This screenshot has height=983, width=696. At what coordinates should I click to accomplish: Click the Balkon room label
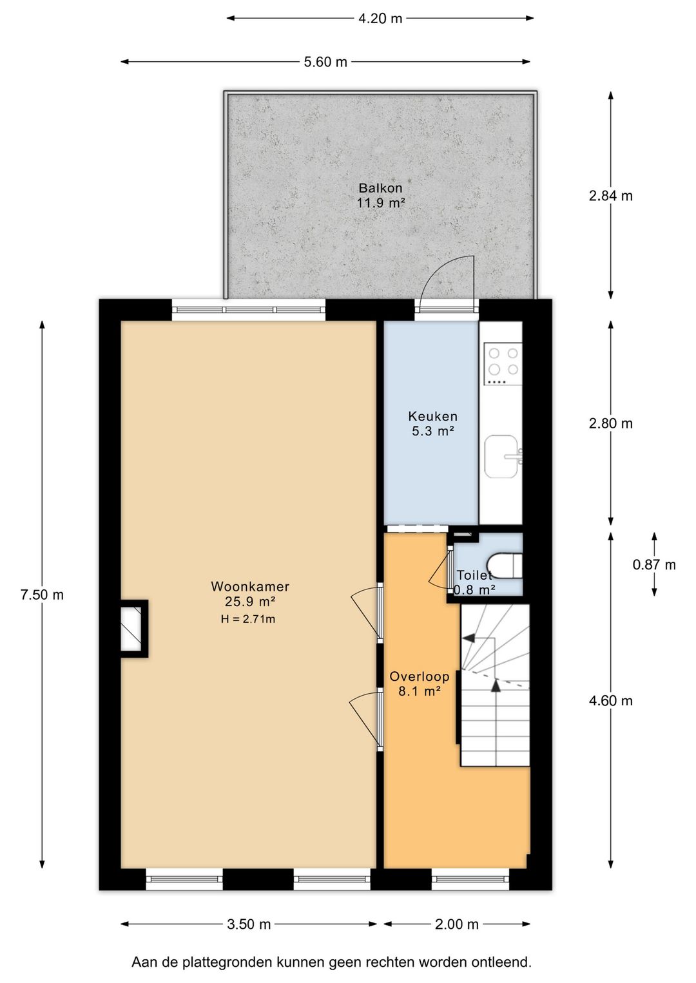(380, 188)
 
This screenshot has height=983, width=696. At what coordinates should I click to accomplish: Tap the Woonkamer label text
(250, 586)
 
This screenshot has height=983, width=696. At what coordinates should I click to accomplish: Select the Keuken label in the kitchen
(432, 416)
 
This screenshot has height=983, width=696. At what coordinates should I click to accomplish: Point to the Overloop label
(420, 676)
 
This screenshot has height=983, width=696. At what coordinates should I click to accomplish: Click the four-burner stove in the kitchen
(503, 364)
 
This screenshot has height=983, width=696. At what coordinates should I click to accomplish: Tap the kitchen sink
(503, 456)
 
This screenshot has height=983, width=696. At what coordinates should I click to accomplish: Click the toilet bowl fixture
(505, 567)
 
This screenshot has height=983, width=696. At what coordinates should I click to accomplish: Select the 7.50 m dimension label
(42, 595)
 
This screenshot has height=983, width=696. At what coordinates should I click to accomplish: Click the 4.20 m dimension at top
(380, 19)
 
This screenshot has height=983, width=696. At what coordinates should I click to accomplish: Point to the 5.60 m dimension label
(325, 62)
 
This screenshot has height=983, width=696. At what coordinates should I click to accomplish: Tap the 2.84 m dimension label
(611, 196)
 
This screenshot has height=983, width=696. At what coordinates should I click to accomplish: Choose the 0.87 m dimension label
(654, 564)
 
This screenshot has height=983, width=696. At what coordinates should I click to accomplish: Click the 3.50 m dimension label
(249, 924)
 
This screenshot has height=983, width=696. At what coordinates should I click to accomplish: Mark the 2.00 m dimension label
(457, 924)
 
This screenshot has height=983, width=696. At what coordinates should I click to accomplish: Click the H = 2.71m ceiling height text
(248, 619)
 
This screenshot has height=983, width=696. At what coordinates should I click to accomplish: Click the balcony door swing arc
(439, 268)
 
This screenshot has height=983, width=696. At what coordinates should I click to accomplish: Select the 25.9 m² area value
(250, 601)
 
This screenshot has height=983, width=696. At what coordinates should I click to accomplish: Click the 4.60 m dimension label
(611, 701)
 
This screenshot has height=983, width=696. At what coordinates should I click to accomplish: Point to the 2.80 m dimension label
(611, 423)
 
